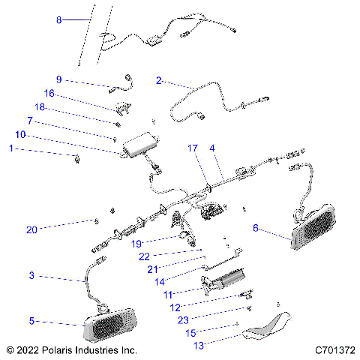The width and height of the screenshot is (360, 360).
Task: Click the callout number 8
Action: click(60, 20)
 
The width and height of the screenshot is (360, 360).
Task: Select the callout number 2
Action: click(159, 79)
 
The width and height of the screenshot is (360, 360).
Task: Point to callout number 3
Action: click(31, 276)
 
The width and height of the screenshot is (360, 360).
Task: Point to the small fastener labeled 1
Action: click(77, 157)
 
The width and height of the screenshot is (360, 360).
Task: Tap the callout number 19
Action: click(136, 243)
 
